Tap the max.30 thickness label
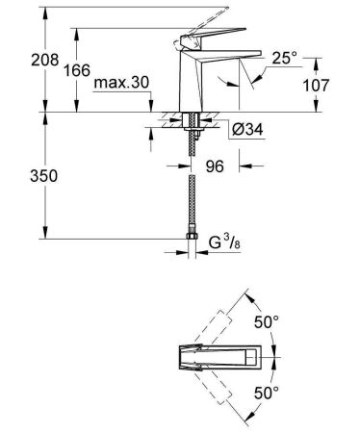coord(121,85)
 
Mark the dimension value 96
coord(218,166)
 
